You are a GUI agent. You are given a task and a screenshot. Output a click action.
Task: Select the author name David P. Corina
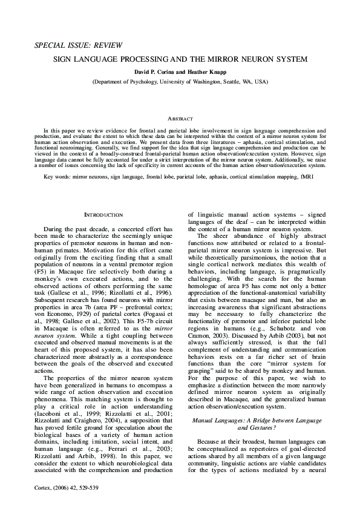point(145,71)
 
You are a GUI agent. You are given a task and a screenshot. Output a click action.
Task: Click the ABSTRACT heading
point(180,119)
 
